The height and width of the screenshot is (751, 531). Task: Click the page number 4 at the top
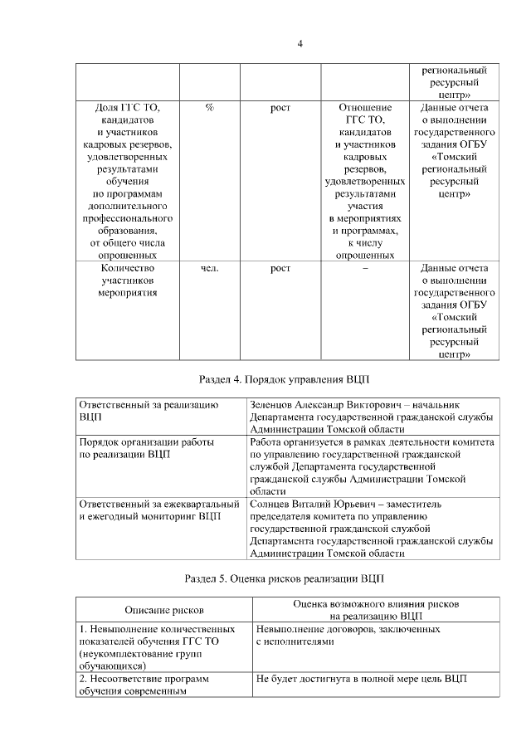tap(300, 43)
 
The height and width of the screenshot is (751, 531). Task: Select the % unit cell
tap(209, 109)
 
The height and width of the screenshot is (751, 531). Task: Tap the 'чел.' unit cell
tap(209, 269)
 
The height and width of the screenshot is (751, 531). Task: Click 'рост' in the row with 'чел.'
tap(280, 269)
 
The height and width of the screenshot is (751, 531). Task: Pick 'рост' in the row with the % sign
tap(280, 109)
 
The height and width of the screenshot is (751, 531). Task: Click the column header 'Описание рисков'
tap(163, 611)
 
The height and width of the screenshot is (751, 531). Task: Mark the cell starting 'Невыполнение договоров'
tap(348, 636)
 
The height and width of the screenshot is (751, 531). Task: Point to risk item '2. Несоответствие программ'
tap(143, 679)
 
